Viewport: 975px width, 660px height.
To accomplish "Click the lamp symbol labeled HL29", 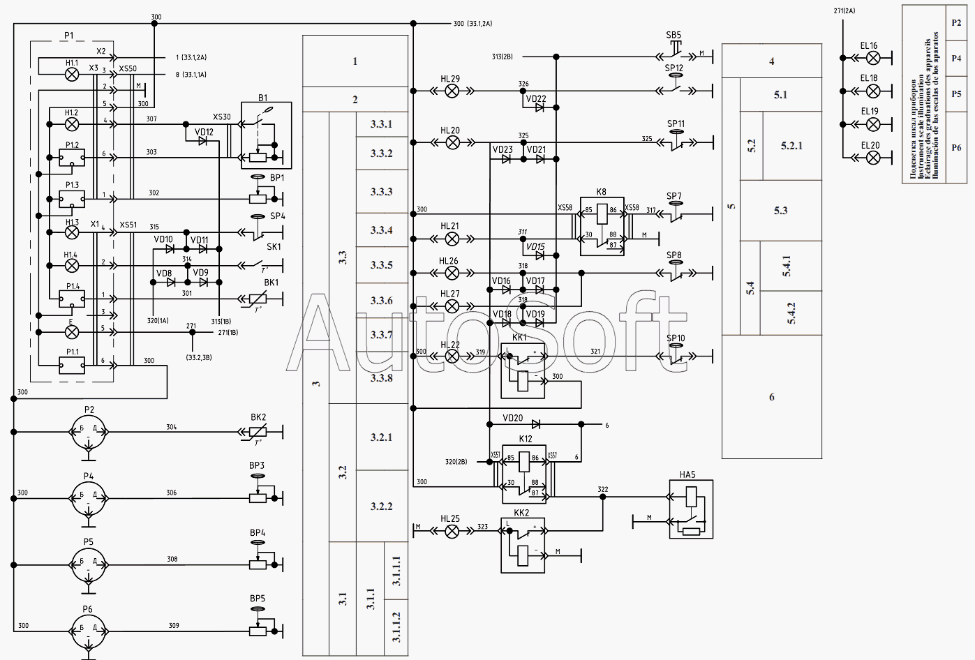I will coord(452,91).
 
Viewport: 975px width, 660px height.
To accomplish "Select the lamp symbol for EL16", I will coord(872,58).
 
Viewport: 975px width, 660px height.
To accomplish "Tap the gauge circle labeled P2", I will coord(89,432).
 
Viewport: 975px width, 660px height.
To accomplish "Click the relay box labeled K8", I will coord(602,226).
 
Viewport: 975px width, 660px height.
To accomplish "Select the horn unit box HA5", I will coord(691,509).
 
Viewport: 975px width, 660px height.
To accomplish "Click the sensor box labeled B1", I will coord(266,135).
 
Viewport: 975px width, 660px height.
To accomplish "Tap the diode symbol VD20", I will coord(536,423).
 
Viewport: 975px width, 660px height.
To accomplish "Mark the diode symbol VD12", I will coord(202,141).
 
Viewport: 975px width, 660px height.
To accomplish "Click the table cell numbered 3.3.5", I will coord(382,265).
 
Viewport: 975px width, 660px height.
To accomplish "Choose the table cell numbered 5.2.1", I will coord(791,146).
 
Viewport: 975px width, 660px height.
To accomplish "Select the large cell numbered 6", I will coord(771,397).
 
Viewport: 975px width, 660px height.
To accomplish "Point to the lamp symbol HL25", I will coord(452,531).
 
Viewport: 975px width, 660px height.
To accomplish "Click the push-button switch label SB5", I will coord(673,35).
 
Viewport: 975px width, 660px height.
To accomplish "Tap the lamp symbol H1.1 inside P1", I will coord(72,74).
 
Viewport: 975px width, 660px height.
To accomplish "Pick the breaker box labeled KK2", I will coord(523,545).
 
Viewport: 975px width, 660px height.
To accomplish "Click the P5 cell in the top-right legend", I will coord(956,94).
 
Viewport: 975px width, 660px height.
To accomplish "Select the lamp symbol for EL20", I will coord(872,157).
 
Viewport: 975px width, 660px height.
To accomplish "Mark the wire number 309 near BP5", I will coord(174,625).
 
